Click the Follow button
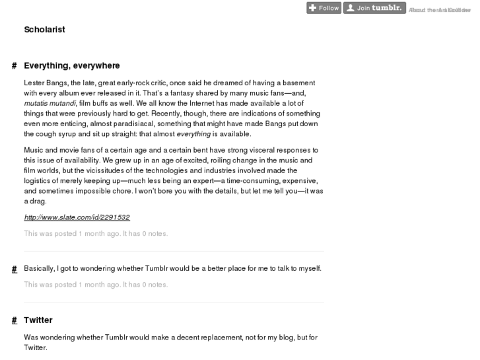[x=324, y=8]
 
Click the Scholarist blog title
[x=44, y=30]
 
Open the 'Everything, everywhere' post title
[x=72, y=66]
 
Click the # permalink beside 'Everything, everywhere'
[x=14, y=66]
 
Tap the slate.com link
[x=77, y=217]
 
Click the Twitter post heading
[x=38, y=320]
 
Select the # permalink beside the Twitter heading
[x=14, y=320]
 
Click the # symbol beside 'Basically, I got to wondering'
[x=14, y=269]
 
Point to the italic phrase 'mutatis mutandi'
[x=50, y=104]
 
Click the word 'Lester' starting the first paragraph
[x=34, y=83]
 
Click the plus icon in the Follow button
[x=312, y=8]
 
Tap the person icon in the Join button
[x=350, y=8]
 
